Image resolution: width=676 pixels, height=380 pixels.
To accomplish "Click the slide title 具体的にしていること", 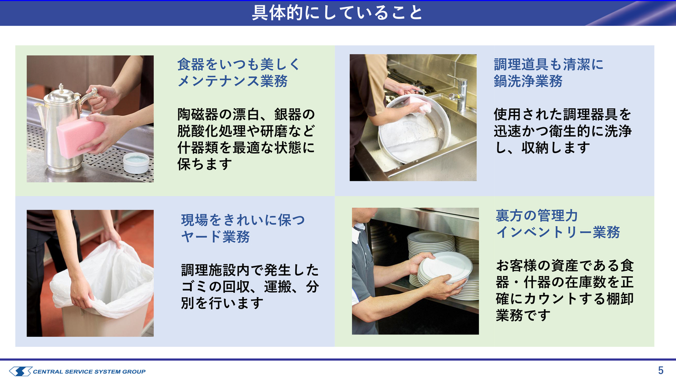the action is pos(337,13).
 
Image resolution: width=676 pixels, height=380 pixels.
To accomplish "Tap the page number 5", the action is pos(661,370).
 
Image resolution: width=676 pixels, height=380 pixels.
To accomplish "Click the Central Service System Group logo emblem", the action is pos(20,371).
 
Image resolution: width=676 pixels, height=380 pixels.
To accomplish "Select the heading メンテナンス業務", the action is pos(232,81).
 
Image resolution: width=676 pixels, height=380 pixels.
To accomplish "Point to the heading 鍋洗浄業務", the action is pos(528,81).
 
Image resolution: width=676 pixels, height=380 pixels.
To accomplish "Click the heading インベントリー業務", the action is pos(558,232).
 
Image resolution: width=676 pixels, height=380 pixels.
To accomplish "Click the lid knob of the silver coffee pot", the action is pos(61,88).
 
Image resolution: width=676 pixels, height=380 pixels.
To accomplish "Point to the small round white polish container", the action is pos(136,163).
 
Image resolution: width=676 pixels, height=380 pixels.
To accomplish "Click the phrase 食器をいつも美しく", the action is pos(239,64).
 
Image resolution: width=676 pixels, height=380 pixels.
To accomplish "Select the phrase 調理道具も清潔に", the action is pos(549,64).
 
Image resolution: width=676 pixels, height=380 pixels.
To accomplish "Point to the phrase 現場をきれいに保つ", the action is pos(243,220).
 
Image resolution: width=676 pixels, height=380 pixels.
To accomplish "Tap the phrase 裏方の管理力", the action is pos(537,215).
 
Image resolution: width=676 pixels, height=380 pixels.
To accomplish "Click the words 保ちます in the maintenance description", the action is pos(204,164).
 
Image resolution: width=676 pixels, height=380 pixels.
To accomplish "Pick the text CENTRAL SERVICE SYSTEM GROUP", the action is pos(89,372).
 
